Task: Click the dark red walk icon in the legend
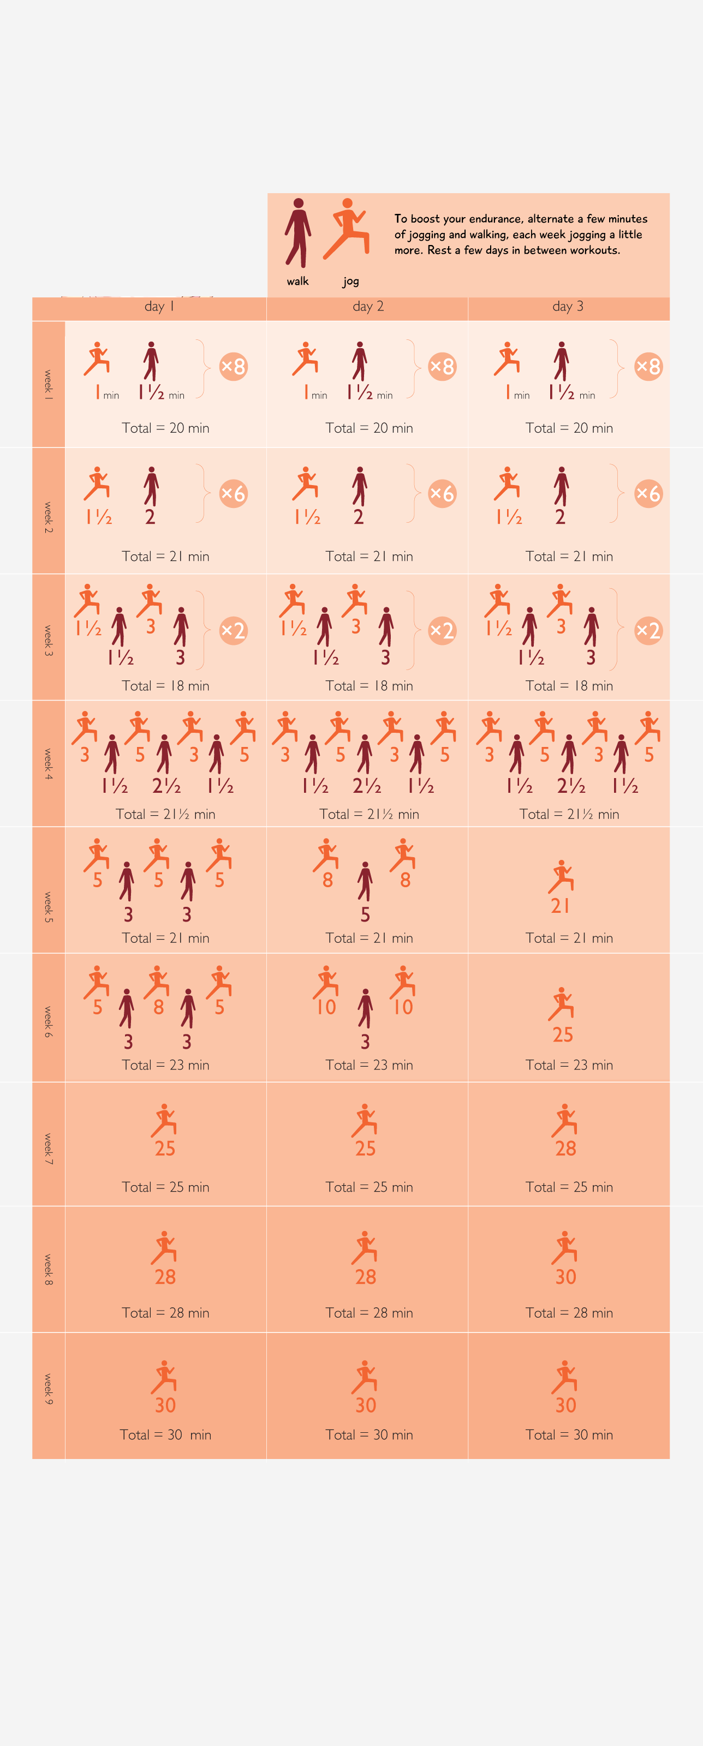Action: pos(297,232)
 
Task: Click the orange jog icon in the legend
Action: pos(348,229)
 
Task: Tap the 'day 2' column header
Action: pos(367,306)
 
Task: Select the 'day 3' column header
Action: pos(568,306)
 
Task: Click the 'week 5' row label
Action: pos(48,907)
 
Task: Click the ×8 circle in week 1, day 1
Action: pos(233,367)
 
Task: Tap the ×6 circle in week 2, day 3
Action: pos(648,493)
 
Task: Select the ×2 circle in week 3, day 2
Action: pos(442,630)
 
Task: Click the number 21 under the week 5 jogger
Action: pos(561,906)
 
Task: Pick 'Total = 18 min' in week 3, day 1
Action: pos(165,686)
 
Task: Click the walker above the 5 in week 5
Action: pos(365,881)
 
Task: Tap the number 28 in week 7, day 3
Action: pos(565,1148)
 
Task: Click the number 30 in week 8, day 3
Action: pos(565,1276)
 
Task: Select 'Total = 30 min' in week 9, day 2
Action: pos(369,1435)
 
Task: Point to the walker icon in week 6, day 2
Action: pos(365,1008)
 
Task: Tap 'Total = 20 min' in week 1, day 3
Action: pos(569,428)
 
